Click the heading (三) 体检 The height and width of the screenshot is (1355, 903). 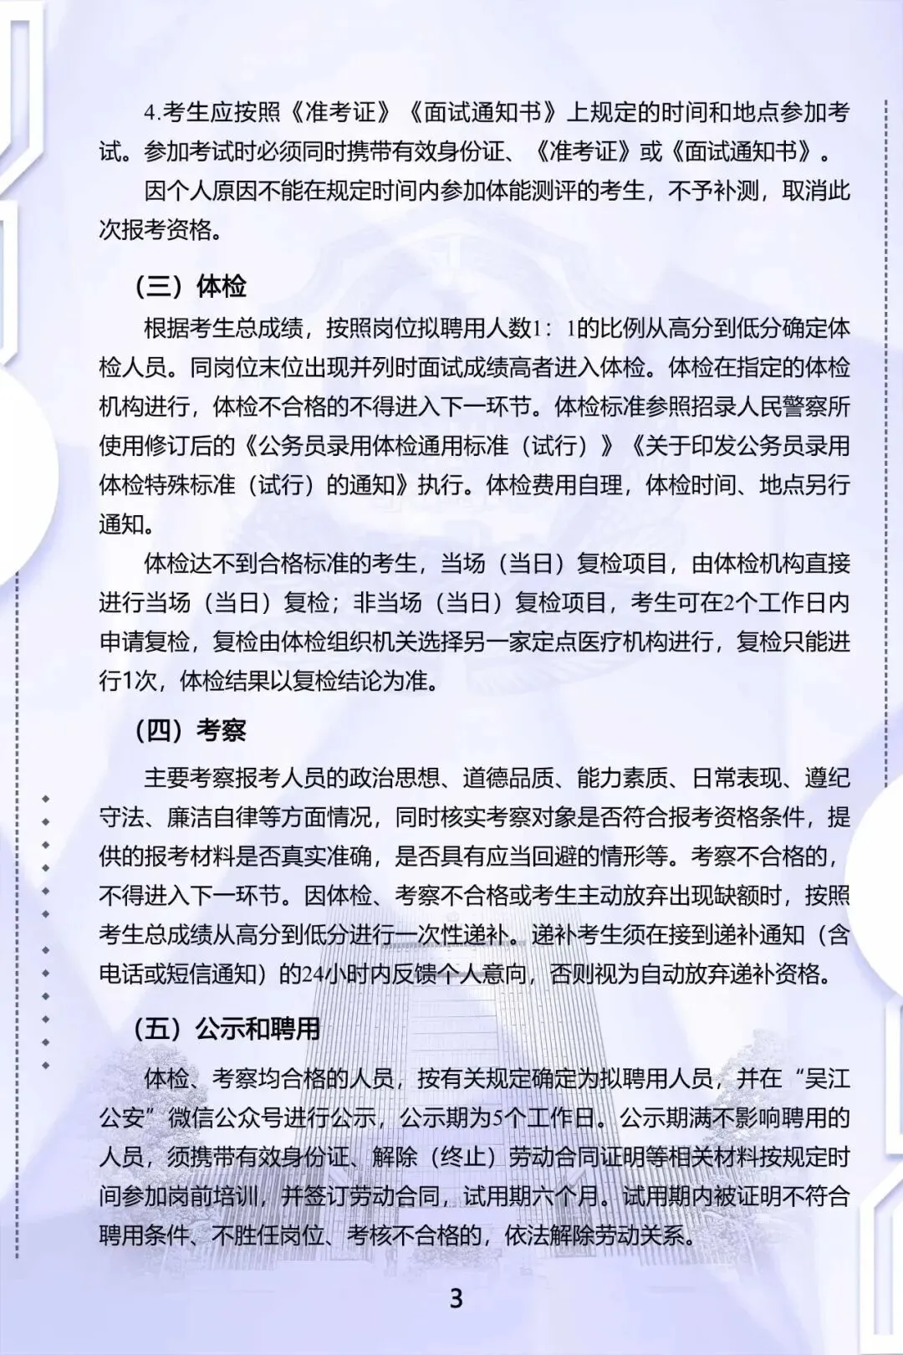191,286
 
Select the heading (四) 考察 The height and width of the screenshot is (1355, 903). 191,730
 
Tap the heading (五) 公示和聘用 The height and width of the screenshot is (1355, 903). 227,1029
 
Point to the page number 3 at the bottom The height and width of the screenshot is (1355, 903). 456,1298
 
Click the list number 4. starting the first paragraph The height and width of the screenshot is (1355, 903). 152,113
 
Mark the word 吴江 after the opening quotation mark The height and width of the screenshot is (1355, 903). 827,1078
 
